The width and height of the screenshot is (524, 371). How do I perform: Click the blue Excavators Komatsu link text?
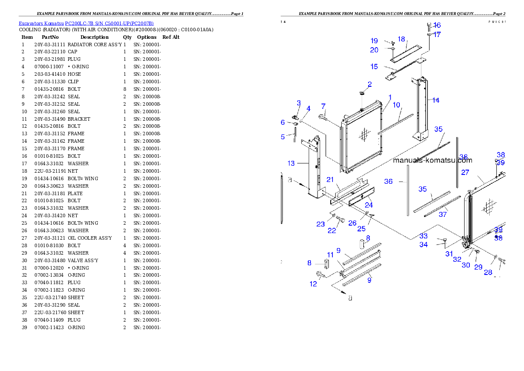click(86, 23)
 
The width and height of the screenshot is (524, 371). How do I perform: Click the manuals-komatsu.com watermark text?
click(432, 160)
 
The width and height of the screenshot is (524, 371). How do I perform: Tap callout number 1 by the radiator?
click(390, 97)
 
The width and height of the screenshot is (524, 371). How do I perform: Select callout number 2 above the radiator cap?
click(369, 84)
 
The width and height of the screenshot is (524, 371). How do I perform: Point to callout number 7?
click(323, 106)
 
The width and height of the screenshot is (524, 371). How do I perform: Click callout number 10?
click(396, 105)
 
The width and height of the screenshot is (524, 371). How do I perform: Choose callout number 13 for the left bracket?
click(291, 163)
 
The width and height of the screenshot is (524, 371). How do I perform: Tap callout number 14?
click(435, 100)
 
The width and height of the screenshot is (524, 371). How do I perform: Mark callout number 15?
click(374, 67)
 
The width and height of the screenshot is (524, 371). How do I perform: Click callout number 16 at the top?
click(437, 25)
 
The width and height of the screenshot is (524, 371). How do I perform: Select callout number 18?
click(401, 39)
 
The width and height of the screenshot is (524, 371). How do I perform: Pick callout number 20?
click(374, 50)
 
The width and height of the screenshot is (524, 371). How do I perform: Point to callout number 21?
click(330, 180)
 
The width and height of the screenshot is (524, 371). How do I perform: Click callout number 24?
click(369, 205)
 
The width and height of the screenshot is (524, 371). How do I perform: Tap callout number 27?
click(465, 173)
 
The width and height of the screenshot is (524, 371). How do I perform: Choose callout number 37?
click(443, 215)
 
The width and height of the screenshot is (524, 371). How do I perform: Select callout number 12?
click(313, 284)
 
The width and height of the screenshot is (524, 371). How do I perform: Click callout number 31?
click(449, 254)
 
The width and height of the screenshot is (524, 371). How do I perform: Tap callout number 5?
click(283, 137)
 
